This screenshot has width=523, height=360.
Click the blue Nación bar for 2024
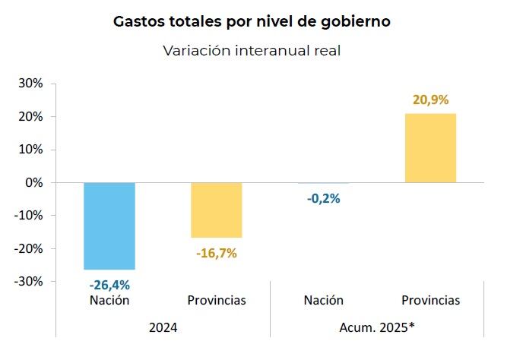(x=109, y=226)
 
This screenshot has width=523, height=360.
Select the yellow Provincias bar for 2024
(x=216, y=210)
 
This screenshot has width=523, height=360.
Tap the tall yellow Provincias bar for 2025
(x=430, y=148)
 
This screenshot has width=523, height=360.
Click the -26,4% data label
(x=109, y=286)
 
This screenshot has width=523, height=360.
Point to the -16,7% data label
(x=216, y=253)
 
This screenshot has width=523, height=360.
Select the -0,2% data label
(x=324, y=199)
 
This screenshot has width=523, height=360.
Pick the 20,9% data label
(x=430, y=99)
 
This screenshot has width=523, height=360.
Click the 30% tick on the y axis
(x=31, y=84)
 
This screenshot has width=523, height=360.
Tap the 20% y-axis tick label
(x=31, y=116)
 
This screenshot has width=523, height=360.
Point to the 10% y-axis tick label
(x=31, y=150)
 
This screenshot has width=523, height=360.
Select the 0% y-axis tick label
(x=35, y=182)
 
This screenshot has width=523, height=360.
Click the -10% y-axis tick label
(x=29, y=215)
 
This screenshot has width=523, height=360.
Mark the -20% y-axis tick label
(x=29, y=248)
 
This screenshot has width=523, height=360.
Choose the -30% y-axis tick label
(x=29, y=281)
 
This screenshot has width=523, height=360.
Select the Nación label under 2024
(x=109, y=300)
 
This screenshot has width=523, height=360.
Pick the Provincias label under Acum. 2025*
(x=430, y=300)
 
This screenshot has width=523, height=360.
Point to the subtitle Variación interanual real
(x=251, y=50)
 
